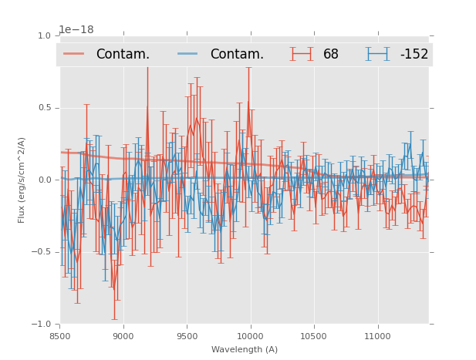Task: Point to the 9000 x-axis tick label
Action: click(x=123, y=336)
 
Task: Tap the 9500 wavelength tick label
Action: click(x=187, y=336)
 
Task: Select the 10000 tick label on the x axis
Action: click(x=250, y=336)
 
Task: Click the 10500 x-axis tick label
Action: click(x=313, y=336)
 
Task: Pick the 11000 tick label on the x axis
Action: click(x=377, y=336)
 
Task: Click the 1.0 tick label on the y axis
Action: click(x=44, y=35)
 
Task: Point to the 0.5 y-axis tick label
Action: click(x=44, y=108)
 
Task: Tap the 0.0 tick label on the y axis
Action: click(x=44, y=180)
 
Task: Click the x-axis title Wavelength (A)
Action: click(x=245, y=349)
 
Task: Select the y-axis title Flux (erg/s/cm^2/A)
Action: click(x=22, y=180)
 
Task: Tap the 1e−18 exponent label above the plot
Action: click(x=76, y=30)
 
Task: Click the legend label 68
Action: click(x=331, y=54)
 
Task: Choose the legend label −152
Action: click(x=414, y=54)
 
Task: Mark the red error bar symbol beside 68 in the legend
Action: click(x=302, y=53)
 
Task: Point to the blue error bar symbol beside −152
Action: click(x=378, y=53)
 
